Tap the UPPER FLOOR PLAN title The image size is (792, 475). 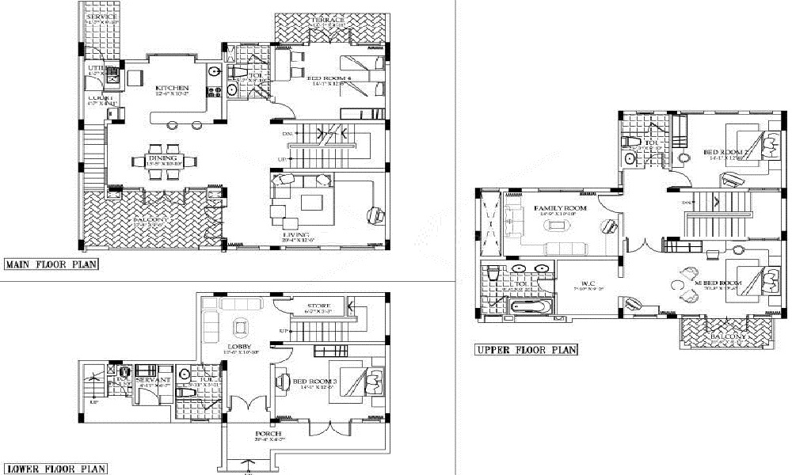click(525, 349)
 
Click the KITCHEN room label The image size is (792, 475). click(172, 88)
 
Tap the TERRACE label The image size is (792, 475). click(327, 19)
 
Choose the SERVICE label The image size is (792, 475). click(101, 17)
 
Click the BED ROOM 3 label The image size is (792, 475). click(315, 382)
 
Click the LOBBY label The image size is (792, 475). click(238, 347)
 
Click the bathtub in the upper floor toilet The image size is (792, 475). click(526, 306)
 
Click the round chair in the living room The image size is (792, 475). click(375, 214)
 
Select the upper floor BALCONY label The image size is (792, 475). click(727, 337)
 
